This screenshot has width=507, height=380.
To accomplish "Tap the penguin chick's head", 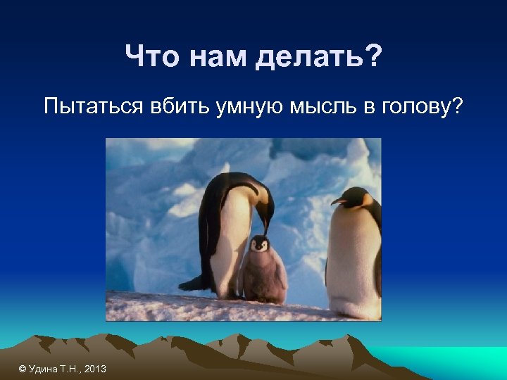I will [x=260, y=245].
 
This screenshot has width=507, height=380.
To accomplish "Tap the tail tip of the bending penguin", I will [x=184, y=286].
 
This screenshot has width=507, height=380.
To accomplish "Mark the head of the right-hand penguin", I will [x=356, y=198].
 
